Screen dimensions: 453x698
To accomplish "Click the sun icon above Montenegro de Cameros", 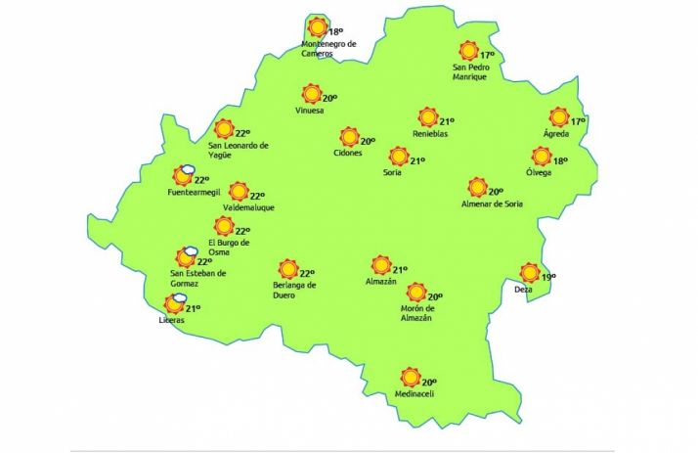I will [316, 27].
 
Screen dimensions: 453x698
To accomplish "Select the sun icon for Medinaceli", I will [410, 378].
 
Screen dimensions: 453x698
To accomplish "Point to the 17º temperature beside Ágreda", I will [578, 121].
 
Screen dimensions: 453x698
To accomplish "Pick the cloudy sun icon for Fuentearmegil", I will [182, 176].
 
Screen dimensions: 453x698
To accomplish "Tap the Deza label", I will [525, 291].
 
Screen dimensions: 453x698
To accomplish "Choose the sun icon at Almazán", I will [381, 264].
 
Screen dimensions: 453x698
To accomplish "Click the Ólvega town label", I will [539, 173].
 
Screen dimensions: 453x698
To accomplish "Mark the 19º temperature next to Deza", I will [548, 277].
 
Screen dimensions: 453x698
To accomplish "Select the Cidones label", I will [347, 154].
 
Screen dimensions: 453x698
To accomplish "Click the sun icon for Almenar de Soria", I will [477, 187].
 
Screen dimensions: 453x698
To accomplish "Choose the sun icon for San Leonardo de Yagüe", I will [224, 129].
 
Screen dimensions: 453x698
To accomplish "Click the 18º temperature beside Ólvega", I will [560, 161].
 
